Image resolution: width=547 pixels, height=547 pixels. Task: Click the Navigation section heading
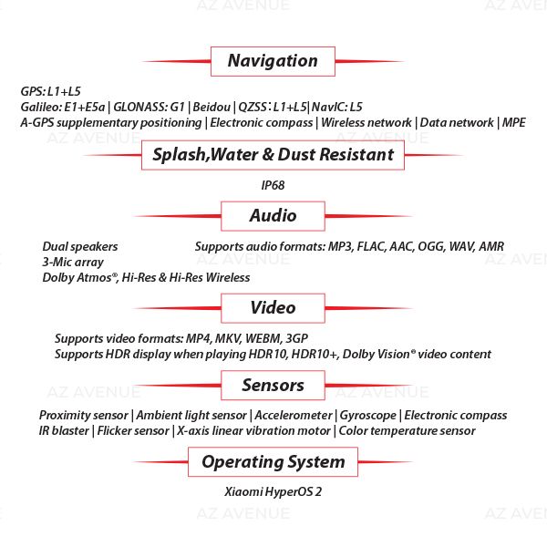click(x=273, y=61)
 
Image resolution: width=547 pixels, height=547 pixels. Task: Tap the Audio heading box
click(x=273, y=216)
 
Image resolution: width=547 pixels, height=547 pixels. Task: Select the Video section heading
click(x=273, y=308)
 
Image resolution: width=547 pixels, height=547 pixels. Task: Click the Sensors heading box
click(x=273, y=385)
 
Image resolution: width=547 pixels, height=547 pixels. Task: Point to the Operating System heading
click(x=273, y=462)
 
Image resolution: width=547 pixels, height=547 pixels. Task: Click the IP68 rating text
click(x=273, y=185)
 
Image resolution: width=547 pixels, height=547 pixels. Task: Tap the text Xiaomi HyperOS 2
click(x=273, y=491)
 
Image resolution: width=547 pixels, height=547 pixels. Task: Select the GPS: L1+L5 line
click(x=50, y=91)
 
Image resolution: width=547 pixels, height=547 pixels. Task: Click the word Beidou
click(x=212, y=107)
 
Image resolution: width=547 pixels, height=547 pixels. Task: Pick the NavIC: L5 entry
click(x=336, y=107)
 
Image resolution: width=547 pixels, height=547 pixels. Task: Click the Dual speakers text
click(x=80, y=247)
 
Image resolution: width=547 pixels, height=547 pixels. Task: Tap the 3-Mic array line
click(x=73, y=263)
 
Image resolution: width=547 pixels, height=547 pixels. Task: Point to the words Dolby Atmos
click(x=78, y=278)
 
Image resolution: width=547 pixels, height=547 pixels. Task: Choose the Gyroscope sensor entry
click(x=368, y=416)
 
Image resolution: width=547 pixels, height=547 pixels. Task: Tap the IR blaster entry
click(x=64, y=431)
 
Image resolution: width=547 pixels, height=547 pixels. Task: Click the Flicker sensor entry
click(x=133, y=431)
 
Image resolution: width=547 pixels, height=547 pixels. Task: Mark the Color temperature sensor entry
click(x=407, y=431)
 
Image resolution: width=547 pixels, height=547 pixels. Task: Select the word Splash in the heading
click(x=180, y=155)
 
